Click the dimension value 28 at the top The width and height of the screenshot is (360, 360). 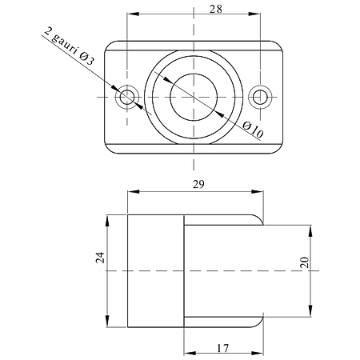coord(215,10)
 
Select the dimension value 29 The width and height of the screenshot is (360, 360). coord(199,184)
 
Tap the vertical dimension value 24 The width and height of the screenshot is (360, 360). coord(100,258)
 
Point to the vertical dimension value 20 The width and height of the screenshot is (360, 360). coord(304,262)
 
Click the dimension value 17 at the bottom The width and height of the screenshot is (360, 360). coord(222,348)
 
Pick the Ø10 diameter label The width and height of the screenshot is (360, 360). coord(254,130)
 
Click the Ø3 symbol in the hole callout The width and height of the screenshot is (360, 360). coord(86,59)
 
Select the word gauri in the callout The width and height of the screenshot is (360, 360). coord(65,44)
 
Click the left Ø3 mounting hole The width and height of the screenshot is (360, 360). coord(127,97)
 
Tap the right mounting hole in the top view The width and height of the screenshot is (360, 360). coord(260,97)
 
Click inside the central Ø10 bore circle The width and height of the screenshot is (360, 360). coord(194,97)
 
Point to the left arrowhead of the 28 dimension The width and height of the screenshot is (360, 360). coord(133,14)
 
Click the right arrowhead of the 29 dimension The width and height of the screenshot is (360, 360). coord(258,191)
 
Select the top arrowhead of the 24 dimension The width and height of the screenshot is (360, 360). coord(107,221)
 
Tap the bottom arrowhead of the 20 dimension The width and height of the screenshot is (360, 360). coord(310,311)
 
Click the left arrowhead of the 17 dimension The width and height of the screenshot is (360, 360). coord(190,354)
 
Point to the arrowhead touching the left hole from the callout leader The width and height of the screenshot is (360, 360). coord(116,89)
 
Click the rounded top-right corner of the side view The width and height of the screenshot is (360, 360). coord(258,218)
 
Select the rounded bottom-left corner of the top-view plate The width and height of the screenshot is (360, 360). coord(109,149)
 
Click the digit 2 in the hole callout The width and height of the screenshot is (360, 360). coord(47,31)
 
